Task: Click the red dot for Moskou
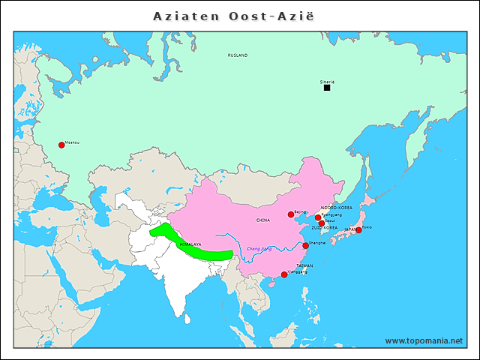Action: (x=61, y=145)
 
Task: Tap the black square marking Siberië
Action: (x=327, y=88)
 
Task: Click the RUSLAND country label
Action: (x=238, y=55)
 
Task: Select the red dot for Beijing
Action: (x=291, y=214)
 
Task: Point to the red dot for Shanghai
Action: (x=305, y=245)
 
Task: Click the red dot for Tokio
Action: (x=358, y=229)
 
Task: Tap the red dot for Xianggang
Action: (x=283, y=274)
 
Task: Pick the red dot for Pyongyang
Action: (x=318, y=217)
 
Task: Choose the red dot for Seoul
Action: (x=322, y=223)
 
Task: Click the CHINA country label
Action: (x=263, y=220)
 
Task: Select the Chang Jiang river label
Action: (x=259, y=248)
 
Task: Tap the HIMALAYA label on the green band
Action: (x=190, y=244)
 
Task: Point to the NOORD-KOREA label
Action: (x=336, y=207)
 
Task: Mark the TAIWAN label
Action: (x=304, y=265)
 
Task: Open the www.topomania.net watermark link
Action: (x=424, y=340)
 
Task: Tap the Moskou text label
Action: (x=72, y=142)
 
